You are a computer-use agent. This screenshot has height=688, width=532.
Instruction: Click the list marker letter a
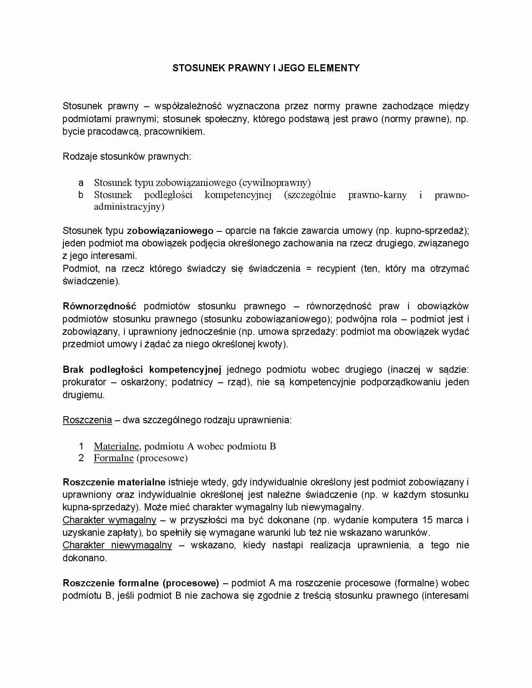[x=81, y=183]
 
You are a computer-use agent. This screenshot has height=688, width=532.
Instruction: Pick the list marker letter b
[x=81, y=195]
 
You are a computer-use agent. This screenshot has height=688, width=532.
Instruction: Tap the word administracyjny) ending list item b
[x=129, y=207]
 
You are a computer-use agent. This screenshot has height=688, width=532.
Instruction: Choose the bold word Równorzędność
[x=99, y=306]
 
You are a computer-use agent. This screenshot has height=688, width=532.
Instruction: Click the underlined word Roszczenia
[x=87, y=420]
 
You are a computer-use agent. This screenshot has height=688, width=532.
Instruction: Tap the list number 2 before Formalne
[x=81, y=458]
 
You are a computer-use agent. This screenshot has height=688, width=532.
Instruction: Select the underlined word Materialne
[x=116, y=447]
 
